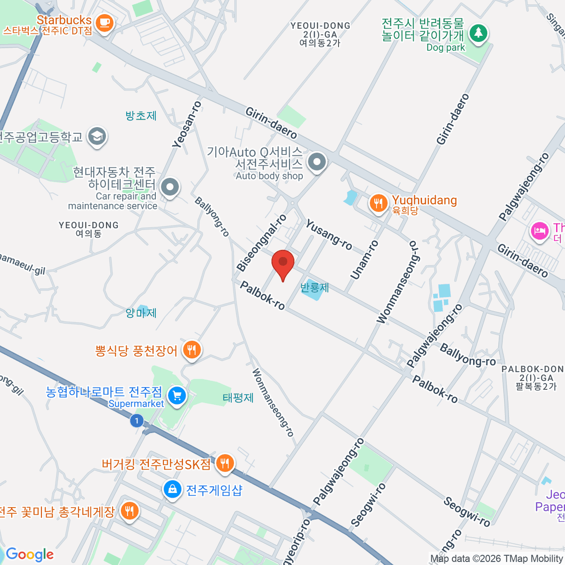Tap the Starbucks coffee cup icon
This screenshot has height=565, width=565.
104,23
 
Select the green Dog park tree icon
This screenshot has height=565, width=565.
478,33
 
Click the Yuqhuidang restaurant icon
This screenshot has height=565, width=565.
378,204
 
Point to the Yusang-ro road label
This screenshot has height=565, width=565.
329,234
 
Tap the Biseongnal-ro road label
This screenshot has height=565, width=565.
262,243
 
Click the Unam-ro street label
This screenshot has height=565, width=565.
364,259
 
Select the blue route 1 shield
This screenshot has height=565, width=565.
137,420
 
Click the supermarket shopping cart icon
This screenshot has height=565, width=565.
177,395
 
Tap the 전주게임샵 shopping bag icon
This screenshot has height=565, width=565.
173,489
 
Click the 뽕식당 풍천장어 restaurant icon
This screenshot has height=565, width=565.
192,350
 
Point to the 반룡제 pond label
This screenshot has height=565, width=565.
315,287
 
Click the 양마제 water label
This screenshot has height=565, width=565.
141,313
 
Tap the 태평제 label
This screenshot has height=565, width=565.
238,398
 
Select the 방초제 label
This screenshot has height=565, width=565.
141,116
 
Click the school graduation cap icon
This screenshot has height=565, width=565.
97,137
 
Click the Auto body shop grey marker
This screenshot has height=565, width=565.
317,162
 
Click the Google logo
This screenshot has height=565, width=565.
30,554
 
